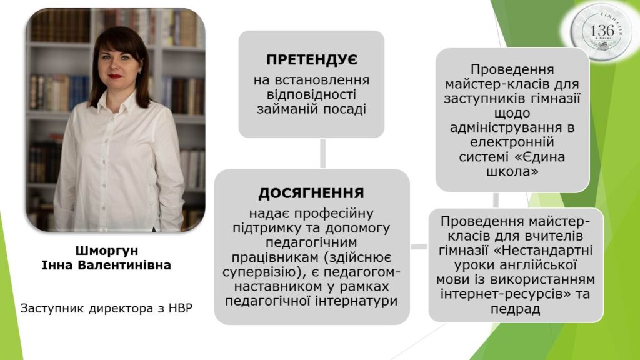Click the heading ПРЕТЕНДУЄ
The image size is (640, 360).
pyautogui.click(x=312, y=60)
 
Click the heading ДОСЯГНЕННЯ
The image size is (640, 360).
pyautogui.click(x=311, y=193)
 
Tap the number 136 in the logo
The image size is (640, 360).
pyautogui.click(x=602, y=30)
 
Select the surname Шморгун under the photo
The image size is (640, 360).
pyautogui.click(x=107, y=250)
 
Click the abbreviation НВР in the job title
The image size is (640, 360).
pyautogui.click(x=180, y=308)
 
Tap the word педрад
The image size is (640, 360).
pyautogui.click(x=516, y=309)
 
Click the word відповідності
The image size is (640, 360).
pyautogui.click(x=311, y=95)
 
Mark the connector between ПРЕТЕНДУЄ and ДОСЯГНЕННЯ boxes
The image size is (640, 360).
pyautogui.click(x=323, y=153)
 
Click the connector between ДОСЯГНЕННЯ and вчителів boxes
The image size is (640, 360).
pyautogui.click(x=419, y=247)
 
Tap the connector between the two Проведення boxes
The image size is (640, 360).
pyautogui.click(x=496, y=200)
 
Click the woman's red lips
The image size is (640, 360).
pyautogui.click(x=115, y=76)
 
